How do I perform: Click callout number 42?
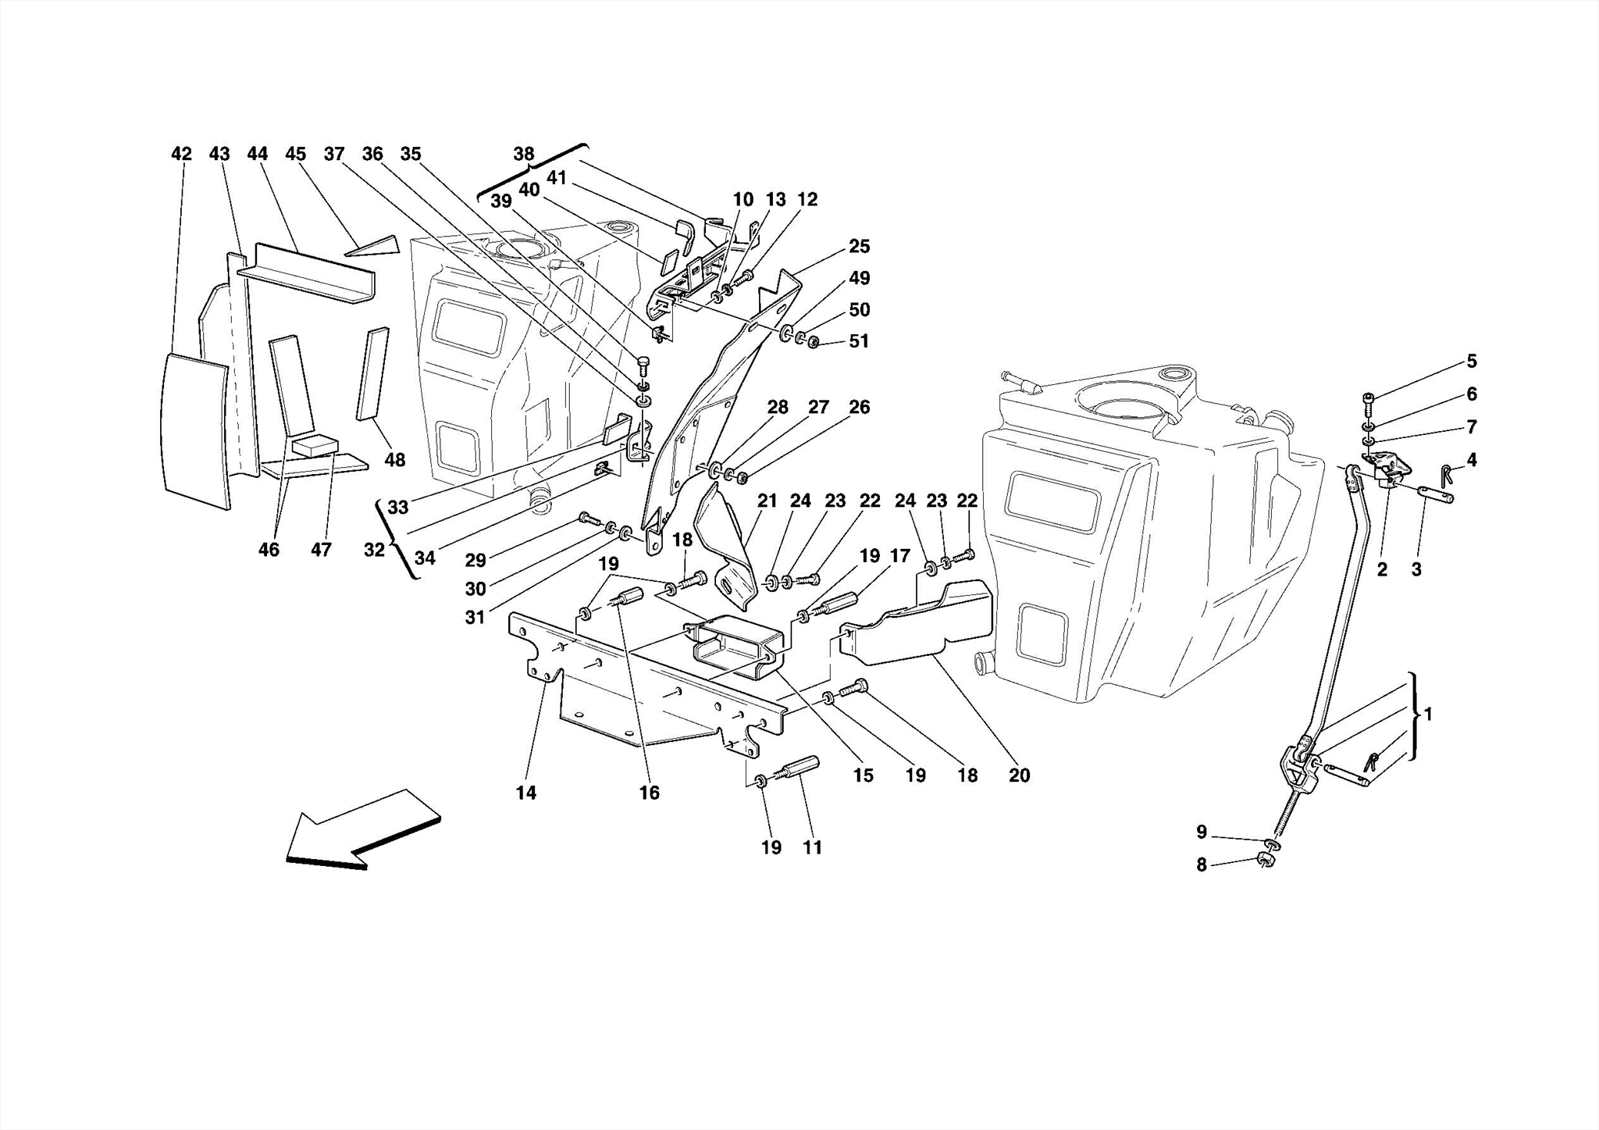pyautogui.click(x=181, y=154)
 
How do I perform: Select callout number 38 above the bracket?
pyautogui.click(x=524, y=154)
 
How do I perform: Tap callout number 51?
pyautogui.click(x=859, y=341)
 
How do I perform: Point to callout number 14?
pyautogui.click(x=525, y=793)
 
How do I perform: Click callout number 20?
pyautogui.click(x=1019, y=775)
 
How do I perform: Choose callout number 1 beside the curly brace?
pyautogui.click(x=1427, y=714)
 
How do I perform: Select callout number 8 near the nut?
pyautogui.click(x=1202, y=864)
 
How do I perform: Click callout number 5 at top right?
pyautogui.click(x=1471, y=361)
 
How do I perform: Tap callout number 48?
pyautogui.click(x=395, y=460)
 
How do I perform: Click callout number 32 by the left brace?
pyautogui.click(x=374, y=550)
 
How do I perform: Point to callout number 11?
pyautogui.click(x=812, y=847)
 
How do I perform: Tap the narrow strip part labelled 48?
pyautogui.click(x=372, y=375)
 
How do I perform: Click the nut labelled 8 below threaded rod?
pyautogui.click(x=1266, y=861)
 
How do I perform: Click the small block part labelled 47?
pyautogui.click(x=314, y=446)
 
